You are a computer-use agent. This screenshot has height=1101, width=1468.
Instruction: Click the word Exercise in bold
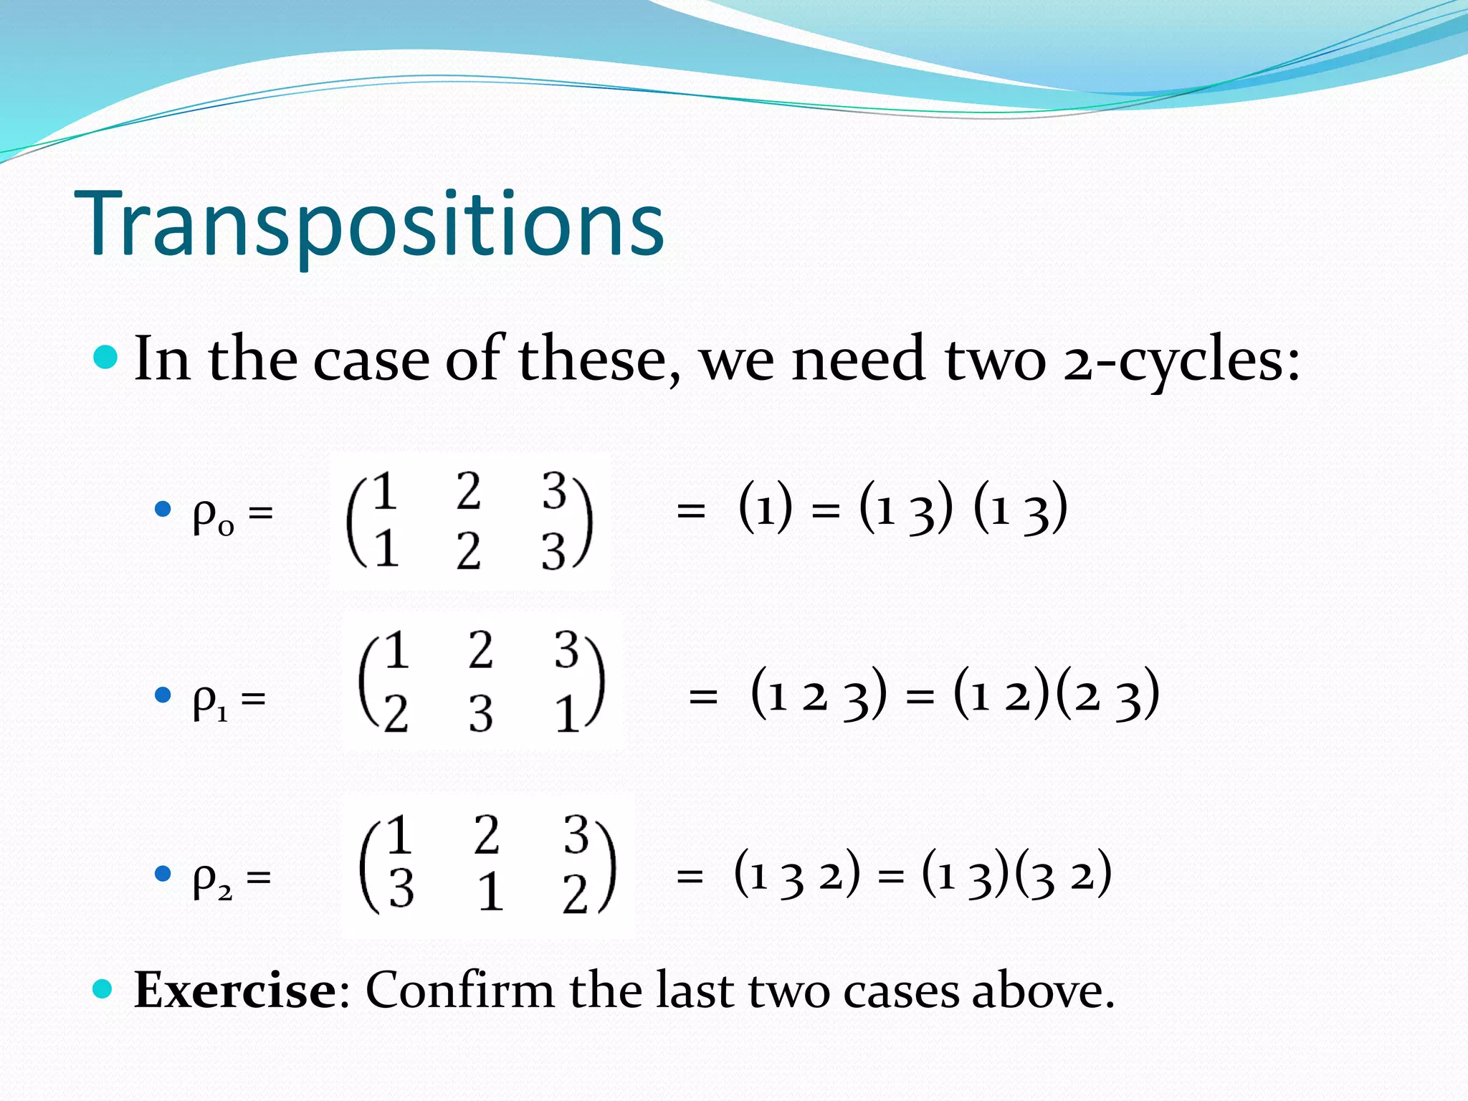[x=235, y=991]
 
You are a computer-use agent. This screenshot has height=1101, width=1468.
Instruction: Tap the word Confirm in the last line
[x=459, y=991]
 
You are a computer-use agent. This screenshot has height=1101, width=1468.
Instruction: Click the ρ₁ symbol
[x=210, y=700]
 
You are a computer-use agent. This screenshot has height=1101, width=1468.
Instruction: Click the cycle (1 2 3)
[x=818, y=694]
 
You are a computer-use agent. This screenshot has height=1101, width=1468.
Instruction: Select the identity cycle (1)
[x=766, y=508]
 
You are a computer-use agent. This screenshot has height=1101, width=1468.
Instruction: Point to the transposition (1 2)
[x=1001, y=694]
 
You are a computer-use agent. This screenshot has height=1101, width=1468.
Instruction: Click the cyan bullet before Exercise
[x=103, y=989]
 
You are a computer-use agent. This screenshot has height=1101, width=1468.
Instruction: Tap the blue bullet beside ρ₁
[x=163, y=695]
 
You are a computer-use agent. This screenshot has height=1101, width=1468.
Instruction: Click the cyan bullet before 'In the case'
[x=105, y=356]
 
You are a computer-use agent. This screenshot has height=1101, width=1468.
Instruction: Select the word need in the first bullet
[x=858, y=361]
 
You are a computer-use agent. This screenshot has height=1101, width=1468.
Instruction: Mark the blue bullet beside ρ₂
[x=163, y=873]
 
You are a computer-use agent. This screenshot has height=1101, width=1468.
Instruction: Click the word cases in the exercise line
[x=901, y=991]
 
